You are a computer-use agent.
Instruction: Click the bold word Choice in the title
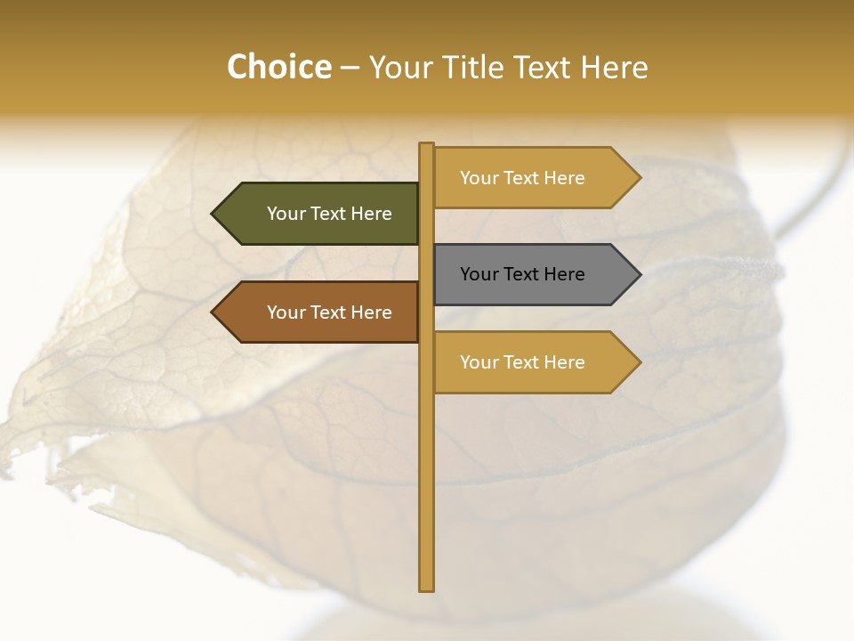[278, 67]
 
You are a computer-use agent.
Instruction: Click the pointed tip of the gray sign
[639, 274]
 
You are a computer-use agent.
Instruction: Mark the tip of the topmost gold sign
[639, 178]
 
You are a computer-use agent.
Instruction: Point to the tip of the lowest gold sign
[639, 362]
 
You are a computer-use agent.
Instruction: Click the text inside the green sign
[329, 214]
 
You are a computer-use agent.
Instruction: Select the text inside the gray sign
[522, 274]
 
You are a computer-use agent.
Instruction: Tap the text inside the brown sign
[329, 312]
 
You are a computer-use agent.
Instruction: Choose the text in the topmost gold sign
[522, 178]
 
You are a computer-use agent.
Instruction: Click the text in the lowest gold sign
[522, 362]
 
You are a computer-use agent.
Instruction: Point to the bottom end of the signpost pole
[426, 588]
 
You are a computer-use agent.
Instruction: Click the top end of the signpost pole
[426, 146]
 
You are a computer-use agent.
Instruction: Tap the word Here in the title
[615, 68]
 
